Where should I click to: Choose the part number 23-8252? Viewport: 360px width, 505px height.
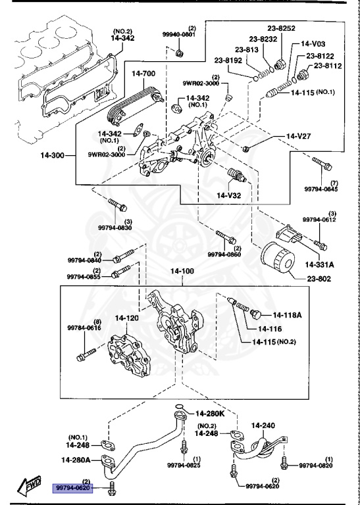pyautogui.click(x=281, y=29)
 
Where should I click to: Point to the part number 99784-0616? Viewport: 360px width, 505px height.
pyautogui.click(x=84, y=327)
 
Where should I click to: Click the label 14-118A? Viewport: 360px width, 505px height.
pyautogui.click(x=287, y=314)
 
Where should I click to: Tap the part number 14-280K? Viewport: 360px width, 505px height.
pyautogui.click(x=210, y=414)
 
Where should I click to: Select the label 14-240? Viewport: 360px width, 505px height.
pyautogui.click(x=263, y=425)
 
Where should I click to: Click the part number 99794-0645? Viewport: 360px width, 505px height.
pyautogui.click(x=321, y=189)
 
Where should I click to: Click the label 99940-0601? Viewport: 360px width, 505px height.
pyautogui.click(x=180, y=34)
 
